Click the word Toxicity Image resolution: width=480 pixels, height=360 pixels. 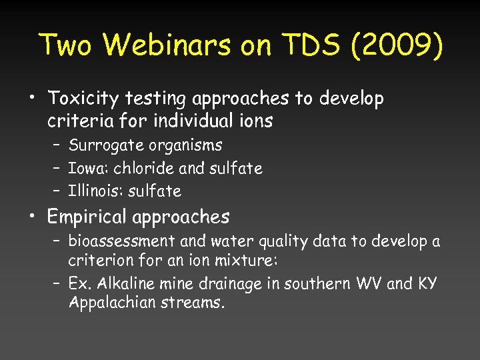(83, 99)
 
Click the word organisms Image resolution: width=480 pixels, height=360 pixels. (187, 145)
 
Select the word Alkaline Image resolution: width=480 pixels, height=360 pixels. (124, 283)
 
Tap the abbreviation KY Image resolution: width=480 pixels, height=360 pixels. (427, 283)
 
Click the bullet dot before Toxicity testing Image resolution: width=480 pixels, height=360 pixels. (32, 99)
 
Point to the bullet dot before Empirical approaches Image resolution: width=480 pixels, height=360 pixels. (32, 217)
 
